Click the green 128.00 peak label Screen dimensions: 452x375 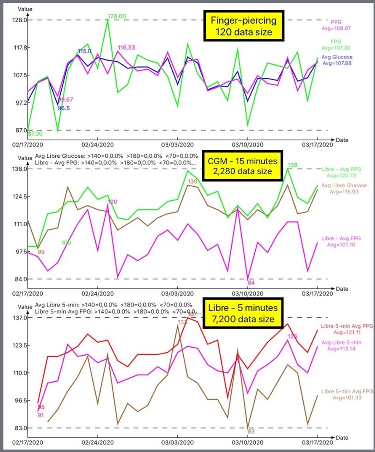[x=117, y=16]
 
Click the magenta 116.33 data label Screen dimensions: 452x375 [x=127, y=47]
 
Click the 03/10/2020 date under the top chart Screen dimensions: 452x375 [x=248, y=145]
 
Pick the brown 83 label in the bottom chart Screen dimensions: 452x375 [x=251, y=432]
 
